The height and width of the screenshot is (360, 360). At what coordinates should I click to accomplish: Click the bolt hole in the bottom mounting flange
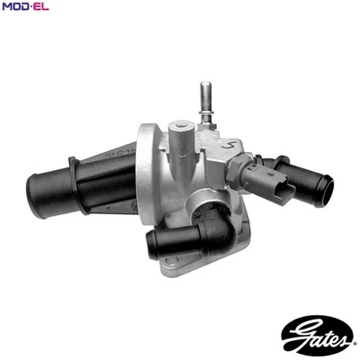pos(177,263)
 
